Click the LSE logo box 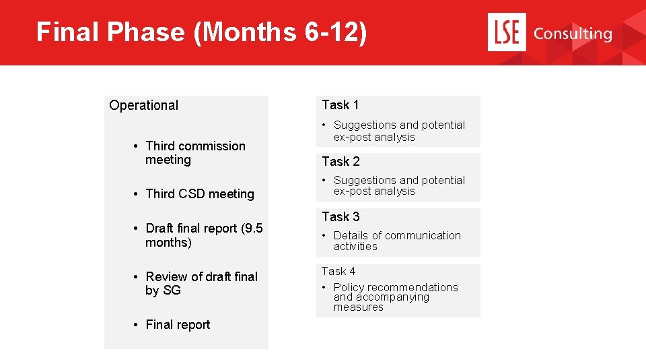(505, 33)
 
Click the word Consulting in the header (572, 34)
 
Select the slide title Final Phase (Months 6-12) (202, 32)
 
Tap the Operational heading (144, 105)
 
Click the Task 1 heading (340, 104)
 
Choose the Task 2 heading (340, 161)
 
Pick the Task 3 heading (340, 216)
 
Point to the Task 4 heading (338, 271)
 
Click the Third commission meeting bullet (195, 153)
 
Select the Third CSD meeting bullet (200, 194)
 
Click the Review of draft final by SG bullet (201, 283)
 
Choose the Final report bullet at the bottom (178, 325)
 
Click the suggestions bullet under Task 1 (398, 131)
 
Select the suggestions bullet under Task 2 (398, 185)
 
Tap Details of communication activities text (397, 241)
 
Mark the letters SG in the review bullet (172, 291)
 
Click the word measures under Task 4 (359, 307)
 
